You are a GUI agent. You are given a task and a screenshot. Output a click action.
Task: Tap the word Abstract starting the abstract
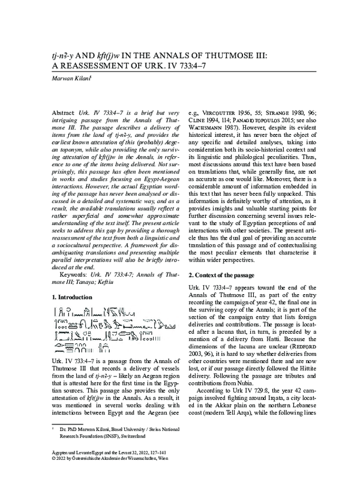click(x=63, y=113)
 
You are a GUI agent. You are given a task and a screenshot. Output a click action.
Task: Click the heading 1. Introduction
click(x=72, y=297)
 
